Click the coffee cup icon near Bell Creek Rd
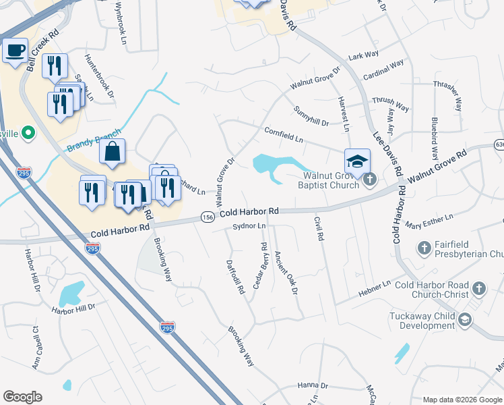click(x=15, y=50)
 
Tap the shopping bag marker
click(x=112, y=152)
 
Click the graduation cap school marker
click(x=357, y=161)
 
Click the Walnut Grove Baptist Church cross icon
click(x=369, y=180)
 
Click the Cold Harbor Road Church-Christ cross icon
click(x=478, y=289)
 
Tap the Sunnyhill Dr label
click(x=311, y=116)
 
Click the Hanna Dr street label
click(x=313, y=386)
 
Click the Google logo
click(x=22, y=397)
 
